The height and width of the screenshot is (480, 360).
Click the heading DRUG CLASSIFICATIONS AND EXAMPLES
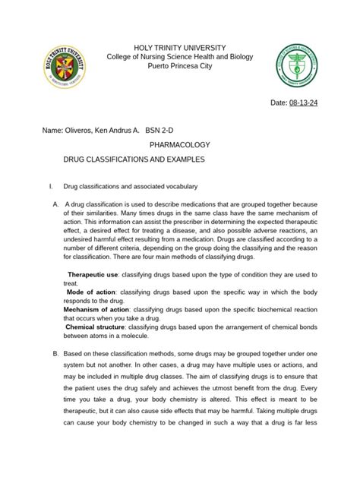[x=134, y=161]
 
